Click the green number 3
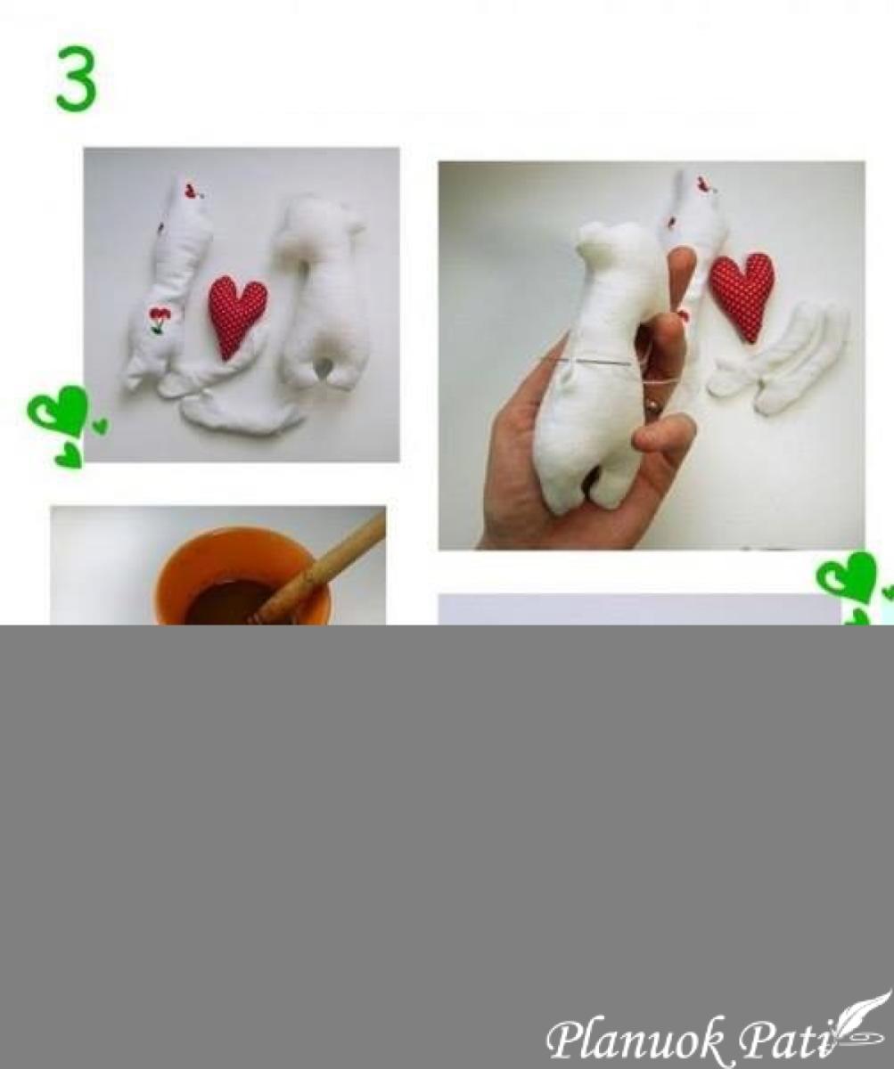pos(76,78)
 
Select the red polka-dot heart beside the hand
pos(742,297)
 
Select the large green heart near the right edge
pos(848,577)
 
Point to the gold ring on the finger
pos(654,406)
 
